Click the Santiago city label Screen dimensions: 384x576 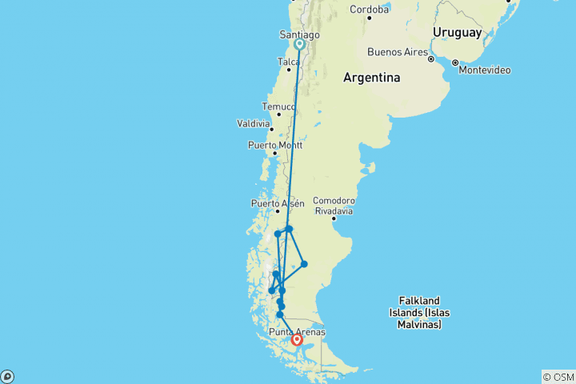tap(299, 34)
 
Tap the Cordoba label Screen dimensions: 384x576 tap(369, 10)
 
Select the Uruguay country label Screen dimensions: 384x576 tap(457, 33)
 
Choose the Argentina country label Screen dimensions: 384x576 tap(371, 78)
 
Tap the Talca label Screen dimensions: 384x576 tap(288, 61)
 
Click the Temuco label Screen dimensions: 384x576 tap(278, 106)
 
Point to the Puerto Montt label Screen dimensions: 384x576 tap(275, 144)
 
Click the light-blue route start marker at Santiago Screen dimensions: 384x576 tap(299, 45)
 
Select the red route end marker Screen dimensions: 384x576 tap(297, 340)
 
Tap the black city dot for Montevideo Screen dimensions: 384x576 tap(455, 62)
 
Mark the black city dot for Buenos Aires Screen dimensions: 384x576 tap(431, 59)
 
